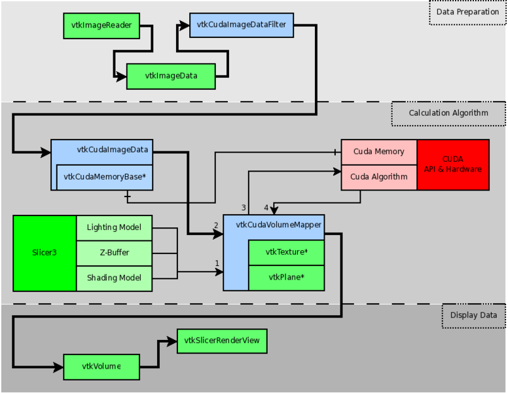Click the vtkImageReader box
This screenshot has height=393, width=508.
101,26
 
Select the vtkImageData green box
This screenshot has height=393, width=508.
171,76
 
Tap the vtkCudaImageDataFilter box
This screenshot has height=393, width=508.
242,26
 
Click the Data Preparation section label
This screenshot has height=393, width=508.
467,12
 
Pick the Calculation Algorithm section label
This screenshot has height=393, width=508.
448,113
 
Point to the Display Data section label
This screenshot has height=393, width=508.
473,315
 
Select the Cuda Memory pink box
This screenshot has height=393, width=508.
379,152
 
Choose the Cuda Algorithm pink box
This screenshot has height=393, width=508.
379,177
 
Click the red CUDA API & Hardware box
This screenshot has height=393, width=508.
453,164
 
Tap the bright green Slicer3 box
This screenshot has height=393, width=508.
45,253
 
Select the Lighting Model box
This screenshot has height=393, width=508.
115,227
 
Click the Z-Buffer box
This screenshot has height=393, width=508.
115,253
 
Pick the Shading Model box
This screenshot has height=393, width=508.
115,278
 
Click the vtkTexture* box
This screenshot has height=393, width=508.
287,252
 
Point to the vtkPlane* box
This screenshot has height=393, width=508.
287,277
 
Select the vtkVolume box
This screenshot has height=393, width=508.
101,366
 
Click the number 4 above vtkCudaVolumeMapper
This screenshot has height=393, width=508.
266,208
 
